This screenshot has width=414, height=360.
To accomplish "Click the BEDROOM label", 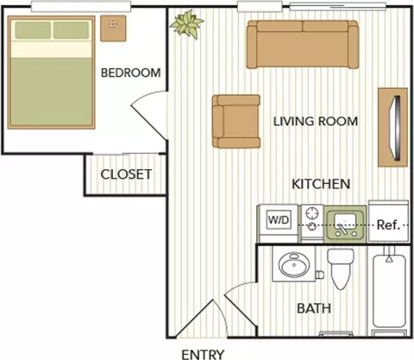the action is pos(131,73).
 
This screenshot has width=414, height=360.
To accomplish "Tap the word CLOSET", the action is pos(126,174).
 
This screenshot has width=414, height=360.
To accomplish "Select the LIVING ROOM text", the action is pos(316,122).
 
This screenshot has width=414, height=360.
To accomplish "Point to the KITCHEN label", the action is pos(321,184).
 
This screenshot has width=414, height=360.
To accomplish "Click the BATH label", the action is pos(314,308).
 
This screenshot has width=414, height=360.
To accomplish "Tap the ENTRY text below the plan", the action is pos(203,354).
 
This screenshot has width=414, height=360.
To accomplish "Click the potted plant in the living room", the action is pos(186,24).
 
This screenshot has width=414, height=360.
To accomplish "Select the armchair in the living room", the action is pos(236,121).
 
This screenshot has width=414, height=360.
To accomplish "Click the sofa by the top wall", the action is pos(303,44).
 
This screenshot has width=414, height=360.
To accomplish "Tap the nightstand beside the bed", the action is pos(113,28).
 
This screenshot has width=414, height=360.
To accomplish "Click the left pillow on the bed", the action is pos(33,30).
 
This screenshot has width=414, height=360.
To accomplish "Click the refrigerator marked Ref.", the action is pos(388,221).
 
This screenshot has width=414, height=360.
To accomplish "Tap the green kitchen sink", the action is pos(345,224).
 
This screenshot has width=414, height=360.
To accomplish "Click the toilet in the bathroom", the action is pos(341,268).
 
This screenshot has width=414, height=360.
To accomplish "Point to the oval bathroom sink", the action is pos(294,264).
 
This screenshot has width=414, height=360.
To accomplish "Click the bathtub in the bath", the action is pos(389,291).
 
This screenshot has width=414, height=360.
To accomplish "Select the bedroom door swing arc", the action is pos(144,96).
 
